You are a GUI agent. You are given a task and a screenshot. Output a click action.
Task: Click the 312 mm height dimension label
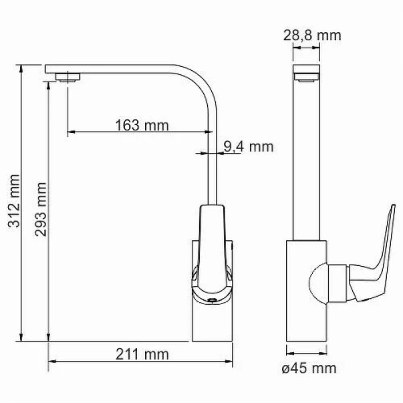(14, 201)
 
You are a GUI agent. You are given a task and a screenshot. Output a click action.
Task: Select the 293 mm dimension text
(40, 210)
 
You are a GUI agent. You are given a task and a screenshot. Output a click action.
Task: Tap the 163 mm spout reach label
(142, 125)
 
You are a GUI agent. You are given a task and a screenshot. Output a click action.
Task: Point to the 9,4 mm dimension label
(248, 147)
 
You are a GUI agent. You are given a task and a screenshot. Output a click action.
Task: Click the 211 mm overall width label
(142, 354)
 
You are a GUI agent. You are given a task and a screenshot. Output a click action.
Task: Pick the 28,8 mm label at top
(312, 35)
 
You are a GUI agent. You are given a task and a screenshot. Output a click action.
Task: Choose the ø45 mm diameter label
(309, 368)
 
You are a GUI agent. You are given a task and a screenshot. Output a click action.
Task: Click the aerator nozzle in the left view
(68, 77)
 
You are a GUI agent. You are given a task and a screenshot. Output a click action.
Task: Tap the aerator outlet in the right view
(306, 77)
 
